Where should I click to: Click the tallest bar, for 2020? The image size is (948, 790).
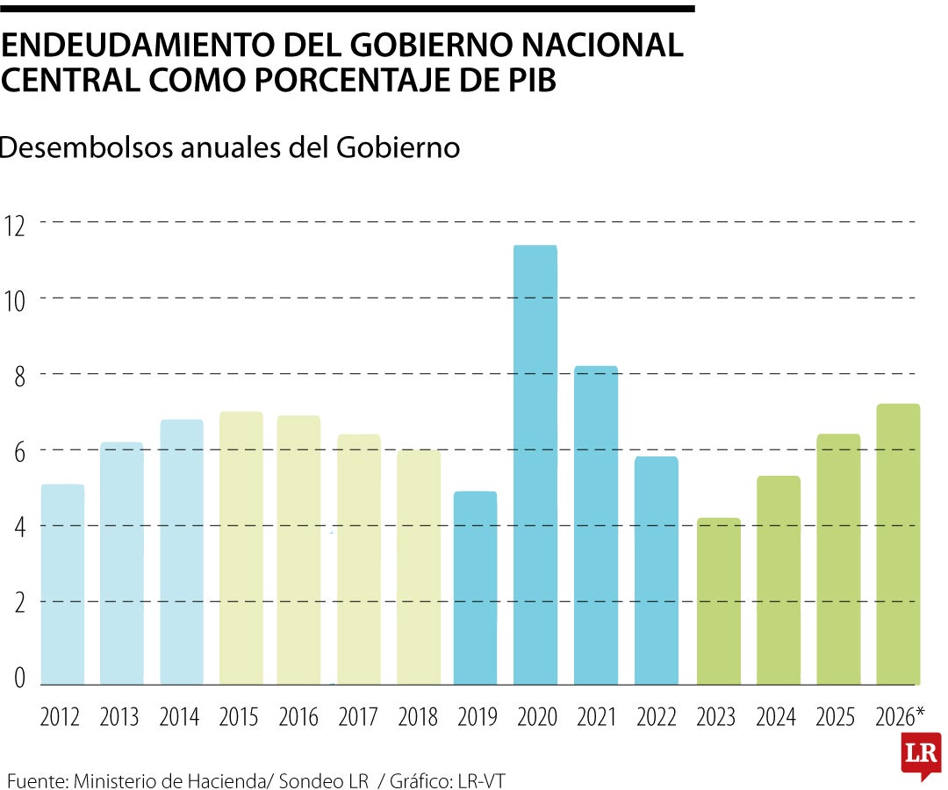535,465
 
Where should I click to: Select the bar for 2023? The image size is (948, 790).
718,601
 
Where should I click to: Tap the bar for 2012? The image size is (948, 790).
62,585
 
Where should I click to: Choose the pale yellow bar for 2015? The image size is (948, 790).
241,549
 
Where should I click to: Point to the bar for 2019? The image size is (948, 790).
475,588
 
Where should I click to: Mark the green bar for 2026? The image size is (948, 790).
898,544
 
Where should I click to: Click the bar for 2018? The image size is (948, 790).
419,567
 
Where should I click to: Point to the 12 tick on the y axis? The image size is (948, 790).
17,223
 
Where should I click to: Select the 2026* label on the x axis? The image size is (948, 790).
900,717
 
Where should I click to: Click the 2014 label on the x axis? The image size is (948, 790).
179,717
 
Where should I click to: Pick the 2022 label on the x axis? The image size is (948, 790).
656,717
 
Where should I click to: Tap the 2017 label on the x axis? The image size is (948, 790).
358,717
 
